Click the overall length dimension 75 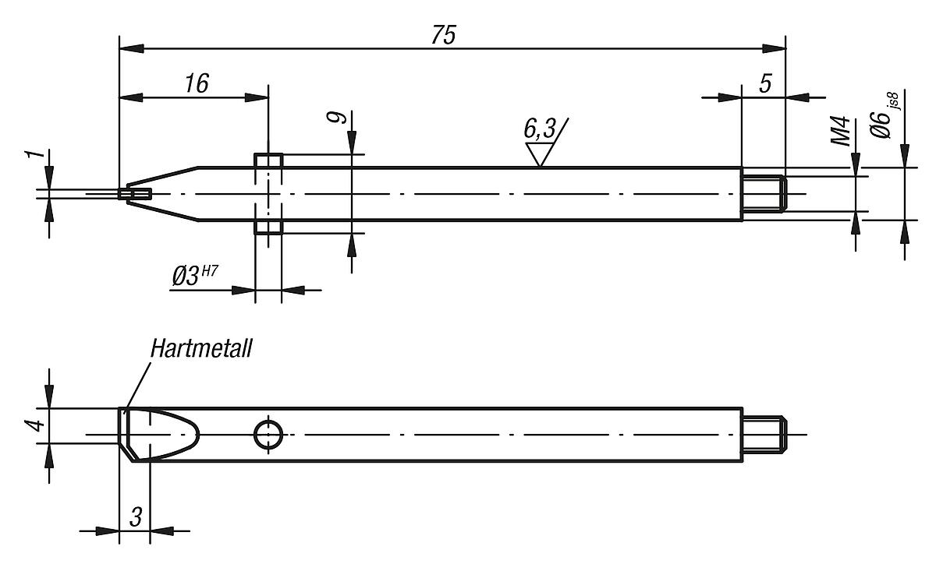click(444, 36)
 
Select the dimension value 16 click(197, 83)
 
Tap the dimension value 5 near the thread click(764, 83)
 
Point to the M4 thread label click(839, 131)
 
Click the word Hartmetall click(202, 349)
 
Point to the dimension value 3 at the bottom click(136, 516)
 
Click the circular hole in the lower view click(268, 434)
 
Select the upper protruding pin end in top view click(268, 160)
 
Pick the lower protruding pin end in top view click(268, 227)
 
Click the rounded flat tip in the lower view click(160, 433)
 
